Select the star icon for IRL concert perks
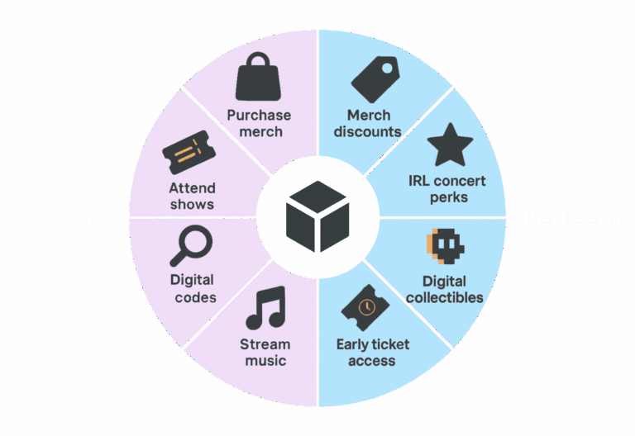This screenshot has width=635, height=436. pyautogui.click(x=450, y=145)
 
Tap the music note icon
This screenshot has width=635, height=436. pyautogui.click(x=265, y=308)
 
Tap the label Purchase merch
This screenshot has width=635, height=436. pyautogui.click(x=260, y=123)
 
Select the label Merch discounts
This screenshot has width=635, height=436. pyautogui.click(x=374, y=123)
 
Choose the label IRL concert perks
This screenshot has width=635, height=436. pyautogui.click(x=447, y=189)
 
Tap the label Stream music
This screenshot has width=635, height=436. pyautogui.click(x=265, y=352)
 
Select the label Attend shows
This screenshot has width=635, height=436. pyautogui.click(x=192, y=196)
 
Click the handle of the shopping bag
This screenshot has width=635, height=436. pyautogui.click(x=260, y=60)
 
